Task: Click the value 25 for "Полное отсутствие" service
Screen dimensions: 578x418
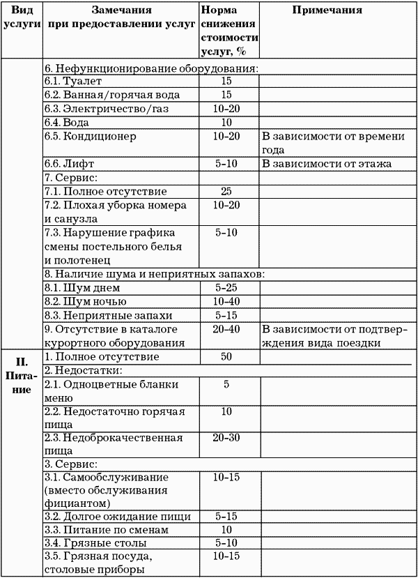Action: tap(226, 190)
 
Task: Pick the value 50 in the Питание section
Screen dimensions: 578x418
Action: tap(226, 356)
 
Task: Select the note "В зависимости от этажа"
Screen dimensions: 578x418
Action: tap(326, 164)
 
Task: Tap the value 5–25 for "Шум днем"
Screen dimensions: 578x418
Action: tap(226, 287)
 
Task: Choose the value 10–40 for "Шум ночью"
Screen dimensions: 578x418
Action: tap(226, 301)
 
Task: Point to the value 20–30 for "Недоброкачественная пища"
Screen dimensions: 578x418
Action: tap(226, 437)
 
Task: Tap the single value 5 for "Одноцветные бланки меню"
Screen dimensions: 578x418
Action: tap(226, 384)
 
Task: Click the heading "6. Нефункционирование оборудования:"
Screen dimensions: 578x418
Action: tap(151, 68)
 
